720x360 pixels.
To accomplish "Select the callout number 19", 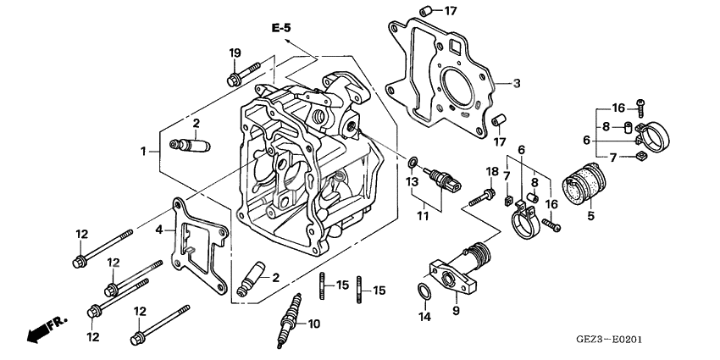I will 235,54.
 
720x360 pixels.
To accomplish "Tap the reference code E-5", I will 281,29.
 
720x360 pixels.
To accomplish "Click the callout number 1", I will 145,151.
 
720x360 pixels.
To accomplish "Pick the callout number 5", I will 590,216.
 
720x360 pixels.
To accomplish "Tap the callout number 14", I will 424,318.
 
